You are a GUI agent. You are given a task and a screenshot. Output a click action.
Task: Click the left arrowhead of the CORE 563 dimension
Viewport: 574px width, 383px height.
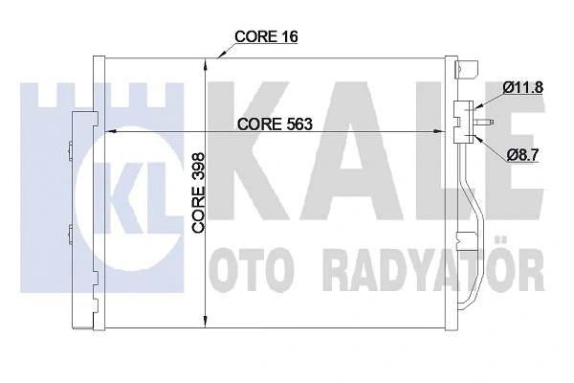(106, 133)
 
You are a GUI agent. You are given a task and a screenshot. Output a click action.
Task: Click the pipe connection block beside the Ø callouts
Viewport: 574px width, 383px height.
(463, 121)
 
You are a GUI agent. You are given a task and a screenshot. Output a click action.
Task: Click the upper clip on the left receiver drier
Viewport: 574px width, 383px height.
(71, 146)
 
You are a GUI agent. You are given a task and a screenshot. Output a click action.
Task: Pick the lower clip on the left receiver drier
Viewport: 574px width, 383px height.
(71, 230)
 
